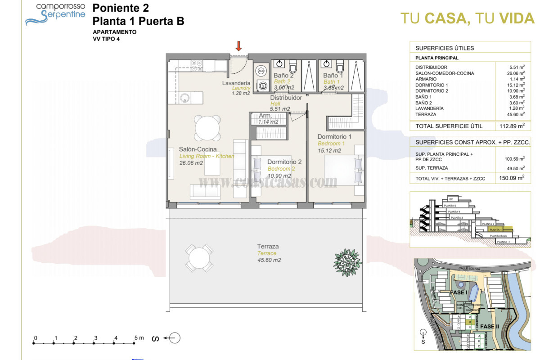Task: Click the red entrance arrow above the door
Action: pyautogui.click(x=239, y=45)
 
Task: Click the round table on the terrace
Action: pyautogui.click(x=199, y=258)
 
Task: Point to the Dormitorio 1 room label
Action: pyautogui.click(x=334, y=136)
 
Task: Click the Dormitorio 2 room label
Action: pyautogui.click(x=284, y=162)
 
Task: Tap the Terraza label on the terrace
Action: pyautogui.click(x=268, y=246)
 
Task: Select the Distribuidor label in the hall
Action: pyautogui.click(x=286, y=98)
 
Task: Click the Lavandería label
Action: pyautogui.click(x=236, y=83)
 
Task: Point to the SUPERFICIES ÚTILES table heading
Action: pyautogui.click(x=444, y=48)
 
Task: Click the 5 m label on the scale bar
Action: pyautogui.click(x=139, y=337)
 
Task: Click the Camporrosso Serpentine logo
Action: pyautogui.click(x=55, y=13)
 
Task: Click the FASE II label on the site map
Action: pyautogui.click(x=489, y=326)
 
